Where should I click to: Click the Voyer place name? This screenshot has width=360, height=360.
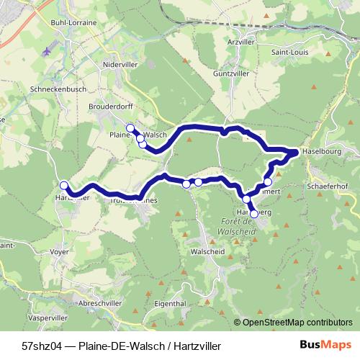60,253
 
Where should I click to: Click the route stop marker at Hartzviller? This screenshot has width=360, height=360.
63,184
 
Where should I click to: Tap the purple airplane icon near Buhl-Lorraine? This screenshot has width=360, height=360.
48,52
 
